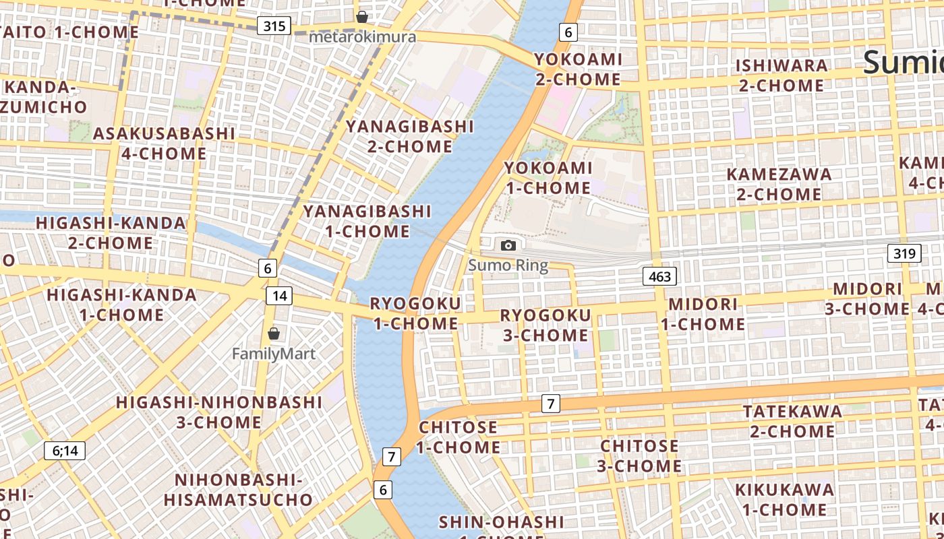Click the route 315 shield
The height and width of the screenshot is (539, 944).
tap(274, 26)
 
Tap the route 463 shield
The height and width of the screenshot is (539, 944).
tap(659, 276)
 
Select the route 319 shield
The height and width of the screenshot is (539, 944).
tap(904, 253)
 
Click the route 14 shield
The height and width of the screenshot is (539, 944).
tap(279, 295)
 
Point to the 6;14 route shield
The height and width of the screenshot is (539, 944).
tap(65, 451)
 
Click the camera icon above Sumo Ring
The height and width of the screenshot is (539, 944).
tap(508, 246)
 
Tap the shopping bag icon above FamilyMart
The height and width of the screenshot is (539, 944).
tap(274, 334)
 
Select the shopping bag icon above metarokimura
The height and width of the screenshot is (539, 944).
tap(362, 17)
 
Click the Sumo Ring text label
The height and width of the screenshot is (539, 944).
tap(508, 265)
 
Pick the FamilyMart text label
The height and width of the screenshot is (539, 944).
tap(274, 353)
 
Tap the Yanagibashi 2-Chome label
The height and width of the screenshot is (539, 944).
tap(410, 136)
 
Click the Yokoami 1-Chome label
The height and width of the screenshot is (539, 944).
tap(548, 177)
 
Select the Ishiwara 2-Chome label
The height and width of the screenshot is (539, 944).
tap(781, 75)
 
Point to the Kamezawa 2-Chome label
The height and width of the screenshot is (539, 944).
tap(779, 184)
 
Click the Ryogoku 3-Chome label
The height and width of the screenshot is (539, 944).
tap(545, 325)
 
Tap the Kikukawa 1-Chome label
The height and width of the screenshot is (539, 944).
tap(784, 499)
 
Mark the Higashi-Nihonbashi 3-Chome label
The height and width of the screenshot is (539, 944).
tap(219, 412)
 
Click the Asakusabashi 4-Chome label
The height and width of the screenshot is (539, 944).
tap(164, 143)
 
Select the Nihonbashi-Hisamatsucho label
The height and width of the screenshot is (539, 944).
tap(238, 490)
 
